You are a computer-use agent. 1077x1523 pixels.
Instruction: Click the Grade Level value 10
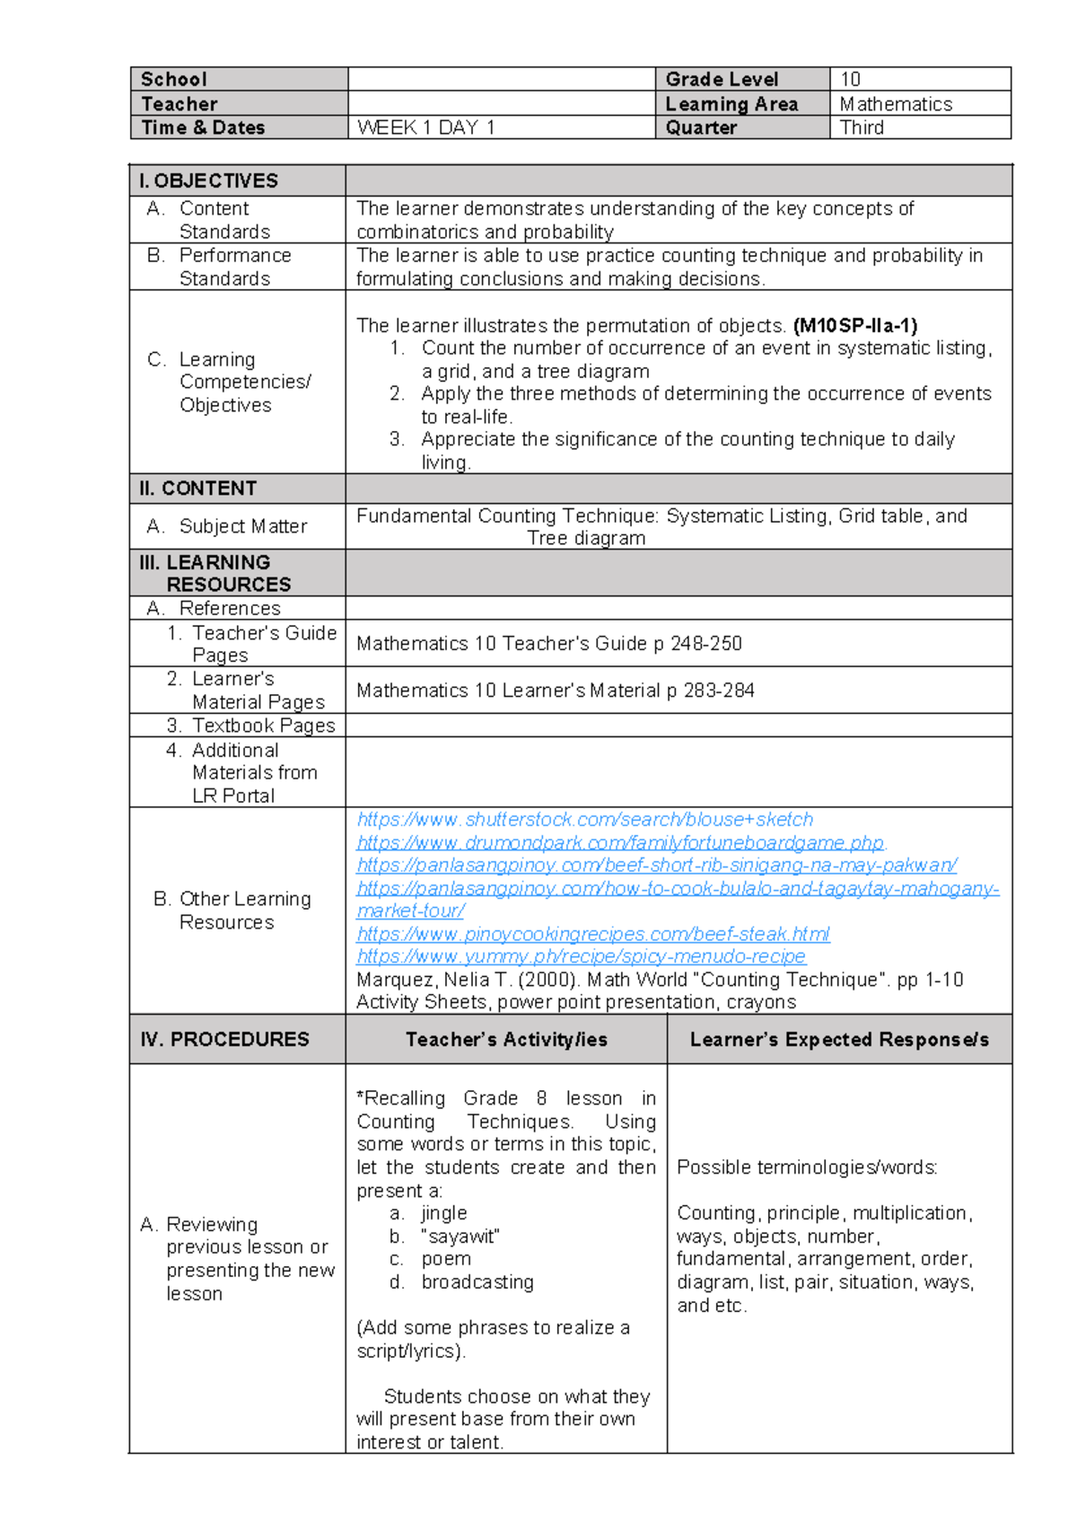850,79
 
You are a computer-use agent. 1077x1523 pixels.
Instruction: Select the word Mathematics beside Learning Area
895,104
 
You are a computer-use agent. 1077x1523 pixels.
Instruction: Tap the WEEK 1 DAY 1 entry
426,128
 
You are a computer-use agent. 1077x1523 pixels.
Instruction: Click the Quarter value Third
862,128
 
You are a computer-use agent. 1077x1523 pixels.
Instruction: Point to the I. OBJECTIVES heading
208,180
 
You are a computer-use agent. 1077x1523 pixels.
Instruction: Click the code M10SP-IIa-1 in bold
854,325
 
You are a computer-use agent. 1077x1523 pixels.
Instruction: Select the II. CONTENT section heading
198,489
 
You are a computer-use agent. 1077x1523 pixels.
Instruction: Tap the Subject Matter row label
242,526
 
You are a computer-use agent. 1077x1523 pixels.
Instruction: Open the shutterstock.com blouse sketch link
584,819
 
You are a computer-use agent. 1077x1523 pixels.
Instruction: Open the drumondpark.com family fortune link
620,842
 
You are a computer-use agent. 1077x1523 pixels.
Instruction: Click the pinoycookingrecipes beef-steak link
592,934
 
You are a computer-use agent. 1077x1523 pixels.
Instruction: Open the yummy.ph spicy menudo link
581,956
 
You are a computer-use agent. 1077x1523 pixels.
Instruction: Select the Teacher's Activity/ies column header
506,1039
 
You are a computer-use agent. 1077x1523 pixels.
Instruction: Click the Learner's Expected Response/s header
839,1039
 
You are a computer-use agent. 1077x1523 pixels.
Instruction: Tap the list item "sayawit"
460,1237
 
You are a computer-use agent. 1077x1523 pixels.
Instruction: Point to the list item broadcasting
477,1282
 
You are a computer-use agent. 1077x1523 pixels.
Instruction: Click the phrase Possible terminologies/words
807,1167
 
